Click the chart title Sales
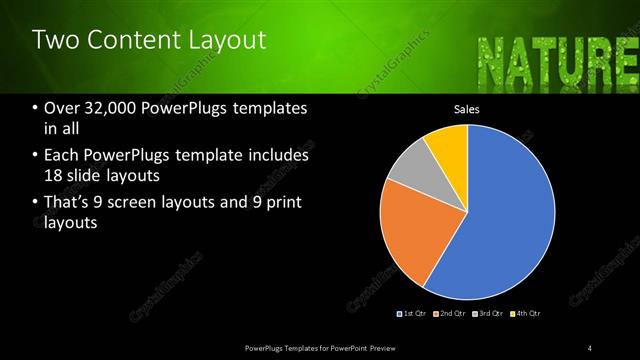click(467, 109)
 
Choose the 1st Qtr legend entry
click(412, 314)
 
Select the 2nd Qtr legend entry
click(450, 314)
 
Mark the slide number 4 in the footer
click(590, 348)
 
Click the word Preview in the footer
click(387, 348)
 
